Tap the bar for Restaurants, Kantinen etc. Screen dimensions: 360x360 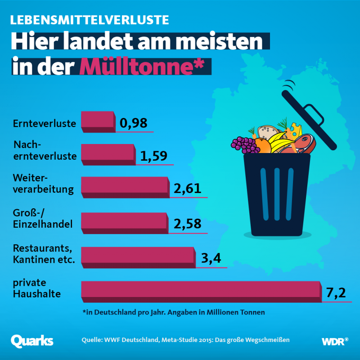click(x=138, y=256)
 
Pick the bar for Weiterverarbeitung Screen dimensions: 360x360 click(x=125, y=187)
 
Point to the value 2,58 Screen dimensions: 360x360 click(x=187, y=224)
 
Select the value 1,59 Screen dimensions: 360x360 click(x=153, y=156)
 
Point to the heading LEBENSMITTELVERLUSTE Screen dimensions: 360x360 click(x=90, y=20)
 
